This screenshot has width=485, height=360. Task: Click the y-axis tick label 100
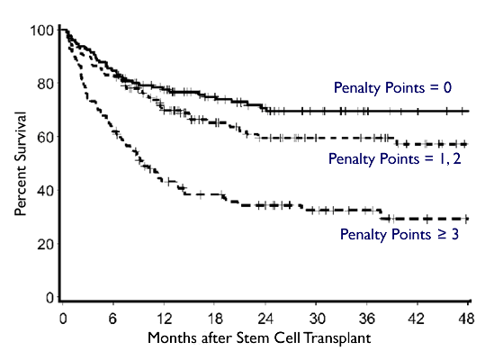(x=41, y=31)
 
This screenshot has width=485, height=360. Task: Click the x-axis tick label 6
(x=114, y=319)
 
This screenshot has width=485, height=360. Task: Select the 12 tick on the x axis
(x=165, y=319)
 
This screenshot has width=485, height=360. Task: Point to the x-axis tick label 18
(x=215, y=319)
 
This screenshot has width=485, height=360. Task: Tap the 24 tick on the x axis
(x=266, y=319)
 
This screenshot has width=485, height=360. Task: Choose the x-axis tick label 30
(x=317, y=319)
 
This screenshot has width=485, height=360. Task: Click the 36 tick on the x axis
(x=367, y=319)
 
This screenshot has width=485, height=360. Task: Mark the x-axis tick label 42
(x=418, y=319)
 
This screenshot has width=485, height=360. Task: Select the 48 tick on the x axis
(x=466, y=319)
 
